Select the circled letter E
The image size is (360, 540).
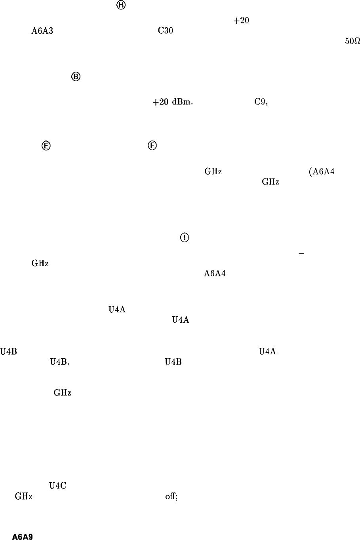(x=46, y=146)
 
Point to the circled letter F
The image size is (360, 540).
(x=152, y=146)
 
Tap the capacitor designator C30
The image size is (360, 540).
(x=165, y=32)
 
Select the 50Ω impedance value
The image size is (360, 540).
(x=352, y=43)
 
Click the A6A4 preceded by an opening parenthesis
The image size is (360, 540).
(x=322, y=171)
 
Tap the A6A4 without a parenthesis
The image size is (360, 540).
(x=215, y=273)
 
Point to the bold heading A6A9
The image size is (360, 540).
(x=22, y=537)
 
